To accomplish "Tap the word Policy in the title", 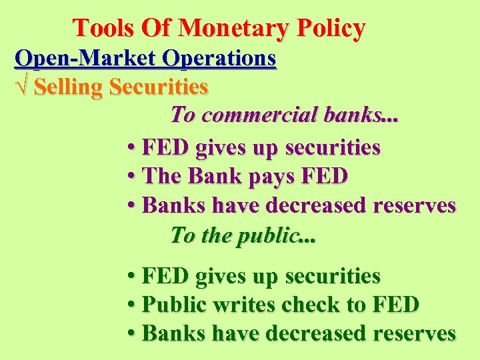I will pyautogui.click(x=331, y=28).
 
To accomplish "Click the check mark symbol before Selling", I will pyautogui.click(x=22, y=87).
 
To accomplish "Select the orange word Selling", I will pyautogui.click(x=70, y=87).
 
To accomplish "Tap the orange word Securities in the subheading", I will pyautogui.click(x=160, y=87).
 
